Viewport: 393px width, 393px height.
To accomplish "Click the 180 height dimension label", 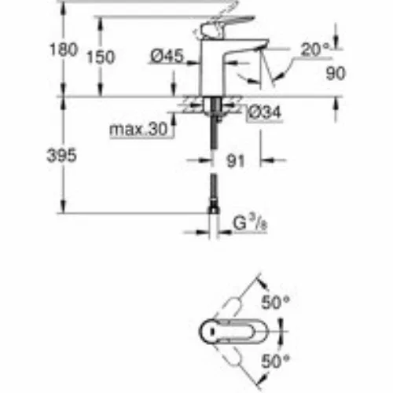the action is pos(64,50).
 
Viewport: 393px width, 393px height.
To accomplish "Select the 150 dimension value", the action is pos(101,57).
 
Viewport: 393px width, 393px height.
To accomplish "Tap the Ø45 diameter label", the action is pos(167,56).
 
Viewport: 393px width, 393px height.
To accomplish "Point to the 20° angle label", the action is pos(314,50).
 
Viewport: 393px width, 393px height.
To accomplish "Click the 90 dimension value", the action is pos(336,73).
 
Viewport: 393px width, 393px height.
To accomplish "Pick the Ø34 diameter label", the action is pos(265,112).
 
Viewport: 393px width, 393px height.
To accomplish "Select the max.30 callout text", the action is pos(138,129).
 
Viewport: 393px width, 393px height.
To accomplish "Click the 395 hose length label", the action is pos(61,155).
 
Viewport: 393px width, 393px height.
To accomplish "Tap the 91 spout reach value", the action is pos(236,160).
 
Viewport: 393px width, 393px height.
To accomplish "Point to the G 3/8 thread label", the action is pos(250,223).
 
